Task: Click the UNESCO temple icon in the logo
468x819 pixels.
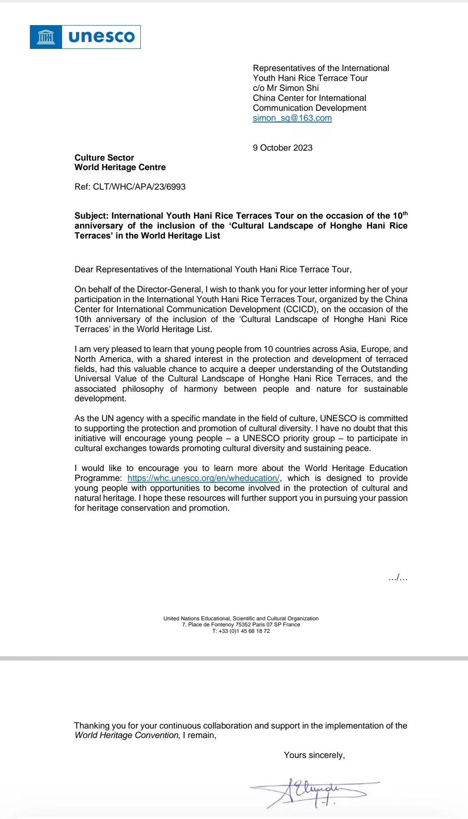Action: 46,37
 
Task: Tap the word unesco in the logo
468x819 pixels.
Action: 101,37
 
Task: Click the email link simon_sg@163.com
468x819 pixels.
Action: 292,118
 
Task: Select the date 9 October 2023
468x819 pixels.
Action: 283,148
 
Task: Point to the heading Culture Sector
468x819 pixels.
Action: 104,158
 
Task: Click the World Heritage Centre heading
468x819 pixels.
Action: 120,168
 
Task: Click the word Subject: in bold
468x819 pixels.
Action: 91,216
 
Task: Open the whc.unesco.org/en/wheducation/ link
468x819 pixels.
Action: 203,478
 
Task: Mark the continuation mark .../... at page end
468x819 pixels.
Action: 398,578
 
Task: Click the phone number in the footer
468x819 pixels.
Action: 241,631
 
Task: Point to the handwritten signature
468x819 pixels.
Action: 315,793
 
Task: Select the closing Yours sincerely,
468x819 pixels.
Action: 314,755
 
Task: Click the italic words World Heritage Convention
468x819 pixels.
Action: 126,735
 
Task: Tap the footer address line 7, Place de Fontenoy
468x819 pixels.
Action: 241,625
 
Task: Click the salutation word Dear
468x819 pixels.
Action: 84,270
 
